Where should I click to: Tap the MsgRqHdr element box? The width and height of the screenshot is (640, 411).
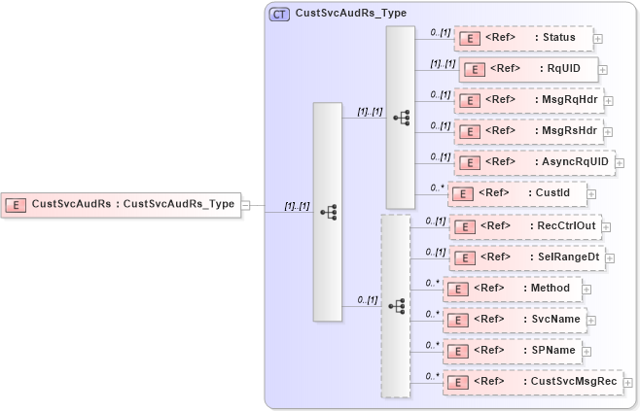(529, 100)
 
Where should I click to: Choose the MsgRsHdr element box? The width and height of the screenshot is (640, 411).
(529, 131)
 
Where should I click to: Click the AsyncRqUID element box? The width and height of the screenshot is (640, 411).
(534, 162)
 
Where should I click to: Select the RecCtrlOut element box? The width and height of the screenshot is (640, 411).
(527, 225)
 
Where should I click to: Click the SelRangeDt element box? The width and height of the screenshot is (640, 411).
(529, 257)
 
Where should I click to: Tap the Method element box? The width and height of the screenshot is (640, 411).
(513, 289)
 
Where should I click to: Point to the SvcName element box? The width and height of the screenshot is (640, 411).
(514, 320)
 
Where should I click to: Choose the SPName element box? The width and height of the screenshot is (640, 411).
(512, 351)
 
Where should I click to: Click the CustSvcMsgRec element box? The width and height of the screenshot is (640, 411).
(532, 382)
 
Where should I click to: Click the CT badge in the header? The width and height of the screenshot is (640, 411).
(279, 14)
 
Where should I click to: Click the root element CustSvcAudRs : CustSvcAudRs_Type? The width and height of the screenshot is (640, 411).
(121, 204)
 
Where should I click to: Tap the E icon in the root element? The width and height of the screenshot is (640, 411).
(16, 204)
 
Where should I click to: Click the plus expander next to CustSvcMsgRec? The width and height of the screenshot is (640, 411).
(627, 383)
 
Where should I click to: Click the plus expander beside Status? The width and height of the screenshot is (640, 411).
(598, 40)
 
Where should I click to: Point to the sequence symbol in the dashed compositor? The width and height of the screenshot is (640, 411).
(396, 305)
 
